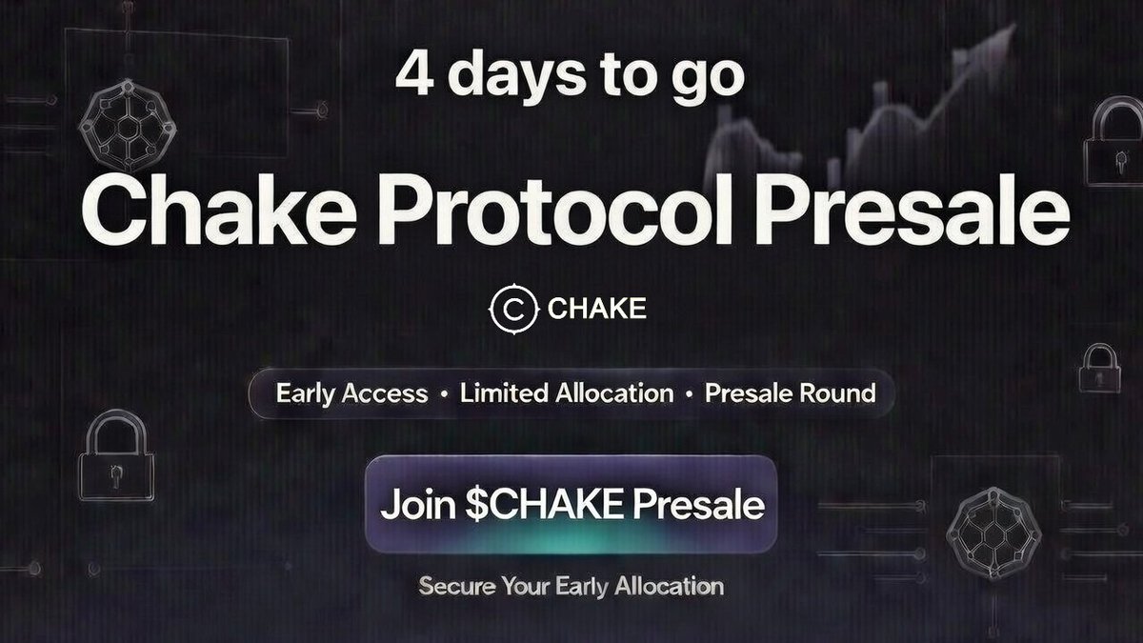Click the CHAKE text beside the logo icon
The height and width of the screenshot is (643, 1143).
point(597,310)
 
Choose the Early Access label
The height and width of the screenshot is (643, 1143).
point(351,393)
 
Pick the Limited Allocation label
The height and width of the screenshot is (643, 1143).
point(566,393)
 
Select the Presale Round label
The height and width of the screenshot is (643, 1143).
point(790,393)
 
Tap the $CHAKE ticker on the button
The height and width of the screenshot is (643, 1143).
point(537,505)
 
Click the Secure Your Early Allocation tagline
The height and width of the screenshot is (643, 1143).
point(571,586)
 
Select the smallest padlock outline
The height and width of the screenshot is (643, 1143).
point(1101,369)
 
